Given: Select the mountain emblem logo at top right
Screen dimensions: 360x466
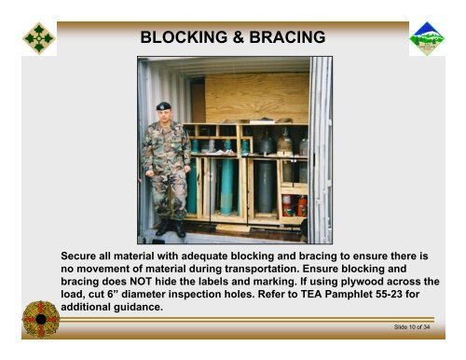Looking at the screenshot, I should pos(427,38).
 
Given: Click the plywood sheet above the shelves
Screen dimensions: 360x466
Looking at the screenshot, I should pos(256,97).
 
